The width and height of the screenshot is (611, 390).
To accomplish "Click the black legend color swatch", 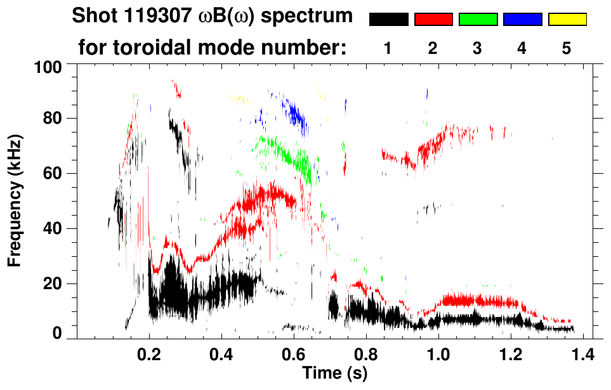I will [x=388, y=20].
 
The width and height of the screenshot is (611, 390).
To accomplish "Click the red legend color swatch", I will [x=433, y=20].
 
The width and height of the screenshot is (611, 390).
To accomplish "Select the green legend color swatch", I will [x=478, y=20].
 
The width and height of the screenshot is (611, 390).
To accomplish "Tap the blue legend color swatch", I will [x=522, y=20].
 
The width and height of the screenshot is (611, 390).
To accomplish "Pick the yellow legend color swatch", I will [x=567, y=20].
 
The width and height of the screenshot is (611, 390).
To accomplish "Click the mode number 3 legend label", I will [x=478, y=48].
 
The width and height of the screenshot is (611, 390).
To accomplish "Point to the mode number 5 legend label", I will [x=567, y=48].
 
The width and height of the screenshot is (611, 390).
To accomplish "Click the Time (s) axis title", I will [x=334, y=374].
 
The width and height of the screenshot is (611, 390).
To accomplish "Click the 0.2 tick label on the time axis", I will [x=150, y=356].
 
